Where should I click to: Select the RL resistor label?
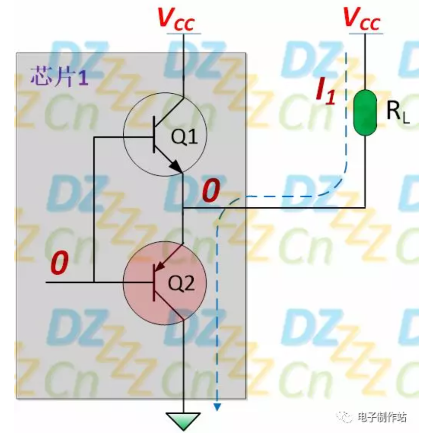(x=397, y=113)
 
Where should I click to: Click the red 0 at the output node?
(x=210, y=192)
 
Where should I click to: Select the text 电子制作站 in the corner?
(x=381, y=417)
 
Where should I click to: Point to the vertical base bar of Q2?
(x=154, y=282)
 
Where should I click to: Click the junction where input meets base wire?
(x=94, y=281)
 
